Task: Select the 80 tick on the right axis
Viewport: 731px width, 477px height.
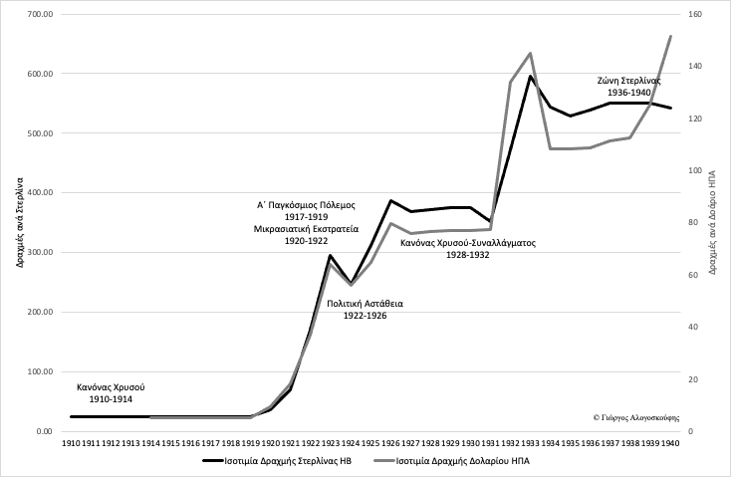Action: pyautogui.click(x=692, y=223)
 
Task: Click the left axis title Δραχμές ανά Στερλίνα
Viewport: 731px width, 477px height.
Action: pyautogui.click(x=19, y=223)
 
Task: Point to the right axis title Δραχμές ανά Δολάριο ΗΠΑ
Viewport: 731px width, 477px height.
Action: pyautogui.click(x=714, y=223)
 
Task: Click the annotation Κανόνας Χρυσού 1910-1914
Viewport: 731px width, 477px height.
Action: pyautogui.click(x=112, y=391)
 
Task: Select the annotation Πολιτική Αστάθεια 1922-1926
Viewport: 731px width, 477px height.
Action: pyautogui.click(x=366, y=309)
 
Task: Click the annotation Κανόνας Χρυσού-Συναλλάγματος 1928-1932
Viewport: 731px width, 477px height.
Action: pyautogui.click(x=467, y=248)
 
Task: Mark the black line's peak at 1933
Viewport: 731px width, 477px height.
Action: pyautogui.click(x=530, y=76)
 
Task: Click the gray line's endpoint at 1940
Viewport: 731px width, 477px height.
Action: pyautogui.click(x=670, y=36)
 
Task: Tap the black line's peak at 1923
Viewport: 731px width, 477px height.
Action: pyautogui.click(x=330, y=256)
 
